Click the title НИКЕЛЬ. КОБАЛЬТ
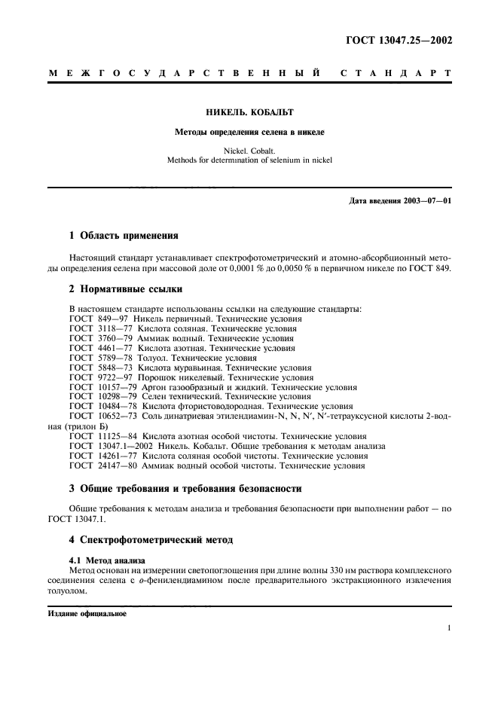coord(249,112)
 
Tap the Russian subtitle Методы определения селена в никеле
coord(249,133)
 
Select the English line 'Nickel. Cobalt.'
coord(249,151)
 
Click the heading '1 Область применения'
coord(124,235)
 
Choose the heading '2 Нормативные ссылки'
coord(125,288)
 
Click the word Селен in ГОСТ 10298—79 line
coord(137,396)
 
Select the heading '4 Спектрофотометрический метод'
coord(151,540)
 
